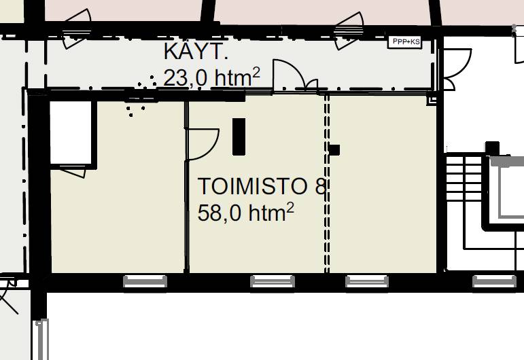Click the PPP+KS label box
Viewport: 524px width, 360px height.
[x=404, y=42]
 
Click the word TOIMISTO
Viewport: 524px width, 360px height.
[x=253, y=186]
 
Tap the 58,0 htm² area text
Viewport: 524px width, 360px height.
[x=245, y=213]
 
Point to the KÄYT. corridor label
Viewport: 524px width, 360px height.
[x=196, y=52]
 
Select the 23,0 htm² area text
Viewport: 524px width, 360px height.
[x=211, y=77]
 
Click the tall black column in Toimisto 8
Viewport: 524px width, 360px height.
[x=239, y=137]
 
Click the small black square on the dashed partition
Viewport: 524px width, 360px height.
[x=334, y=150]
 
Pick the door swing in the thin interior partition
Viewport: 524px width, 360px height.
[x=203, y=144]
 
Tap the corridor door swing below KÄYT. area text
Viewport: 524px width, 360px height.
[x=296, y=75]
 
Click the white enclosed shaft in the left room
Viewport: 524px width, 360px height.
[x=71, y=132]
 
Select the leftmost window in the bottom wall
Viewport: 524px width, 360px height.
[x=145, y=281]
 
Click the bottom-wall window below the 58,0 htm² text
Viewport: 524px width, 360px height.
[x=273, y=281]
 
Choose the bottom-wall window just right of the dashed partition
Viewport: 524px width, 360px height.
[x=366, y=281]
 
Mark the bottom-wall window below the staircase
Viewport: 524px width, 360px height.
[x=494, y=281]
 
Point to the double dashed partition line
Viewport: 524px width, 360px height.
[x=327, y=183]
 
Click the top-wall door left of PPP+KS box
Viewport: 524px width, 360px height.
[x=349, y=31]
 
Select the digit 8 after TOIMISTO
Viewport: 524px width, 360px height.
[x=320, y=186]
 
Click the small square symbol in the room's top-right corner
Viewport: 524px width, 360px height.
[x=432, y=101]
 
